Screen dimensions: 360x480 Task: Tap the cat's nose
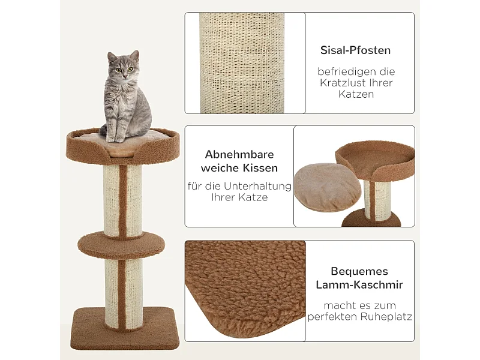tap(124, 73)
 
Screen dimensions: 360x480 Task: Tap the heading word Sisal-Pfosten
tap(355, 50)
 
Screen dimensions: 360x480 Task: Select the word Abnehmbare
tap(239, 154)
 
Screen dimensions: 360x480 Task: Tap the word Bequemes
tap(359, 271)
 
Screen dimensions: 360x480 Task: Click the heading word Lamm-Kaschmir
tap(359, 285)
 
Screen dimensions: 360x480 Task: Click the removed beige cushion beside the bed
tap(328, 188)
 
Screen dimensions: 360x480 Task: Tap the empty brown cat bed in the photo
tap(375, 159)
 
